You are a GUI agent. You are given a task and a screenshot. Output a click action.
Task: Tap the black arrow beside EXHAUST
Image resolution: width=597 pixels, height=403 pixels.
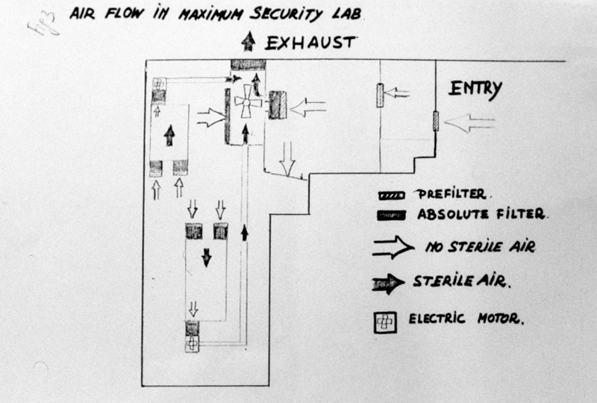tap(248, 43)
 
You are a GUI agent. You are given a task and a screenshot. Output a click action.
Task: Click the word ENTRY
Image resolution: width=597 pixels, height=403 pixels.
tap(475, 90)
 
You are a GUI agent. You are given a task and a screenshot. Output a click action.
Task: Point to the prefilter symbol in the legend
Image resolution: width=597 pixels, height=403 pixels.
tap(391, 195)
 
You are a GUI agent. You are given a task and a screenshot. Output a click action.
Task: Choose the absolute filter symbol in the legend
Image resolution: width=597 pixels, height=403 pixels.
tap(391, 216)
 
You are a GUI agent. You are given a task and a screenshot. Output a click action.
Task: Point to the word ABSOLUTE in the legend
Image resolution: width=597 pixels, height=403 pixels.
tap(447, 215)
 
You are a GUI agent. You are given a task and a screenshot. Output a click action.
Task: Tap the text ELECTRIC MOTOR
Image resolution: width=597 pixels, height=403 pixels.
tap(466, 319)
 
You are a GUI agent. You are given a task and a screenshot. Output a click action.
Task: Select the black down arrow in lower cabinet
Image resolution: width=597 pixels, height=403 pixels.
tap(206, 257)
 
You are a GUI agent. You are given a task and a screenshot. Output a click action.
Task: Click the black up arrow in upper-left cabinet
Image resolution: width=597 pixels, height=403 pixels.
tap(169, 135)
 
